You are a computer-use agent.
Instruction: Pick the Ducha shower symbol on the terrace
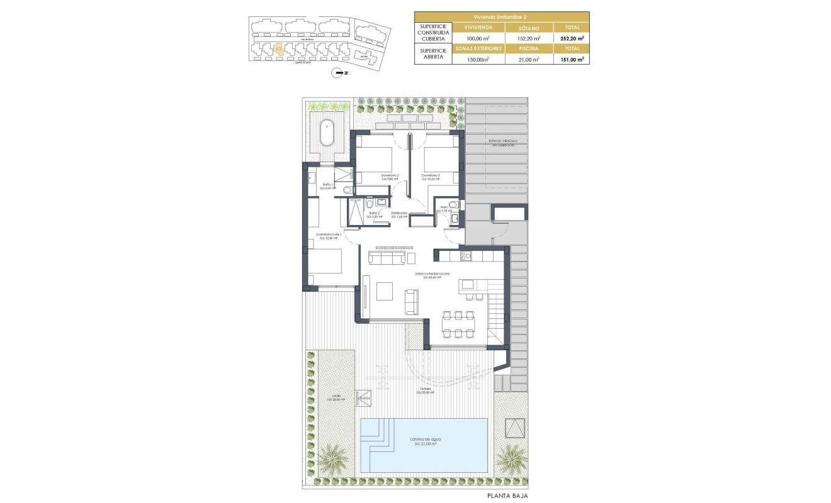(364, 397)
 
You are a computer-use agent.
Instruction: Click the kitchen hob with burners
(466, 256)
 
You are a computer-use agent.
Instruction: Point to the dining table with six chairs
(459, 324)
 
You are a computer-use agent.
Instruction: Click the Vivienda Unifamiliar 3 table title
(502, 17)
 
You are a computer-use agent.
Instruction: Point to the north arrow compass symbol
(341, 74)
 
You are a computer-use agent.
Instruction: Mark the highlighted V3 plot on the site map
(280, 48)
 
